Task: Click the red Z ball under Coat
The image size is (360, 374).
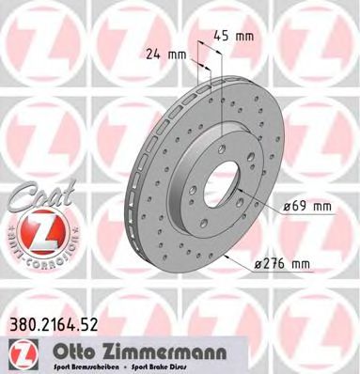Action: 31,229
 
